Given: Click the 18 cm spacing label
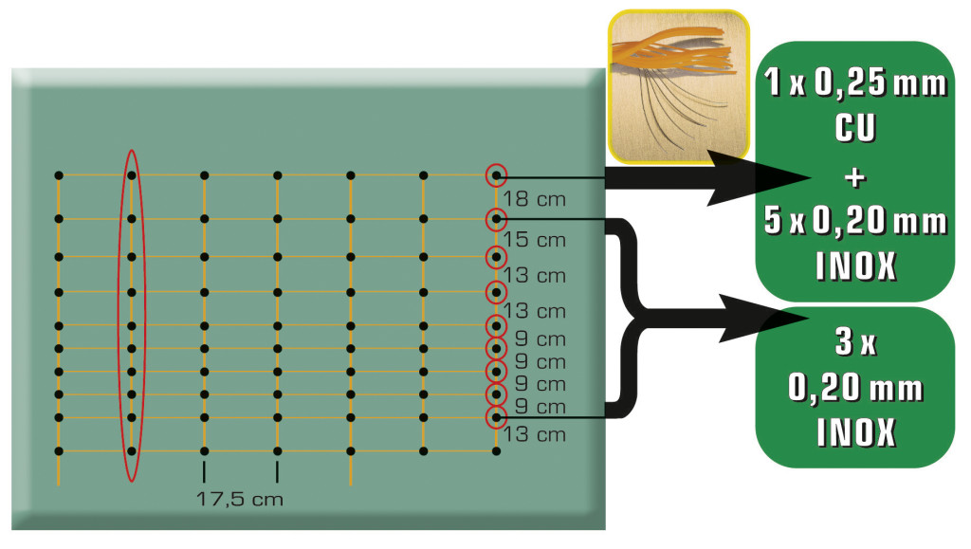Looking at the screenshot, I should (x=535, y=201).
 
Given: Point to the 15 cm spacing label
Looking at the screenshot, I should (x=535, y=240).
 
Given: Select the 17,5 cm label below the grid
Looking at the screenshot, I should (x=240, y=498).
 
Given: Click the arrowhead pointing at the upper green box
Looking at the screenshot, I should (x=778, y=177).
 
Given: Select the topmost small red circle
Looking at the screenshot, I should (x=496, y=175).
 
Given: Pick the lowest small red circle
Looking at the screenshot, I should (x=496, y=417).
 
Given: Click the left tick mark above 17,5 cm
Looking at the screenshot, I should (x=204, y=471).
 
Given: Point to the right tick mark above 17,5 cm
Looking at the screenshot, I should (x=277, y=471).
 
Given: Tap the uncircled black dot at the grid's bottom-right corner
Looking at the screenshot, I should (x=496, y=451).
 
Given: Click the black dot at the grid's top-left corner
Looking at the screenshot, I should (x=59, y=175).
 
